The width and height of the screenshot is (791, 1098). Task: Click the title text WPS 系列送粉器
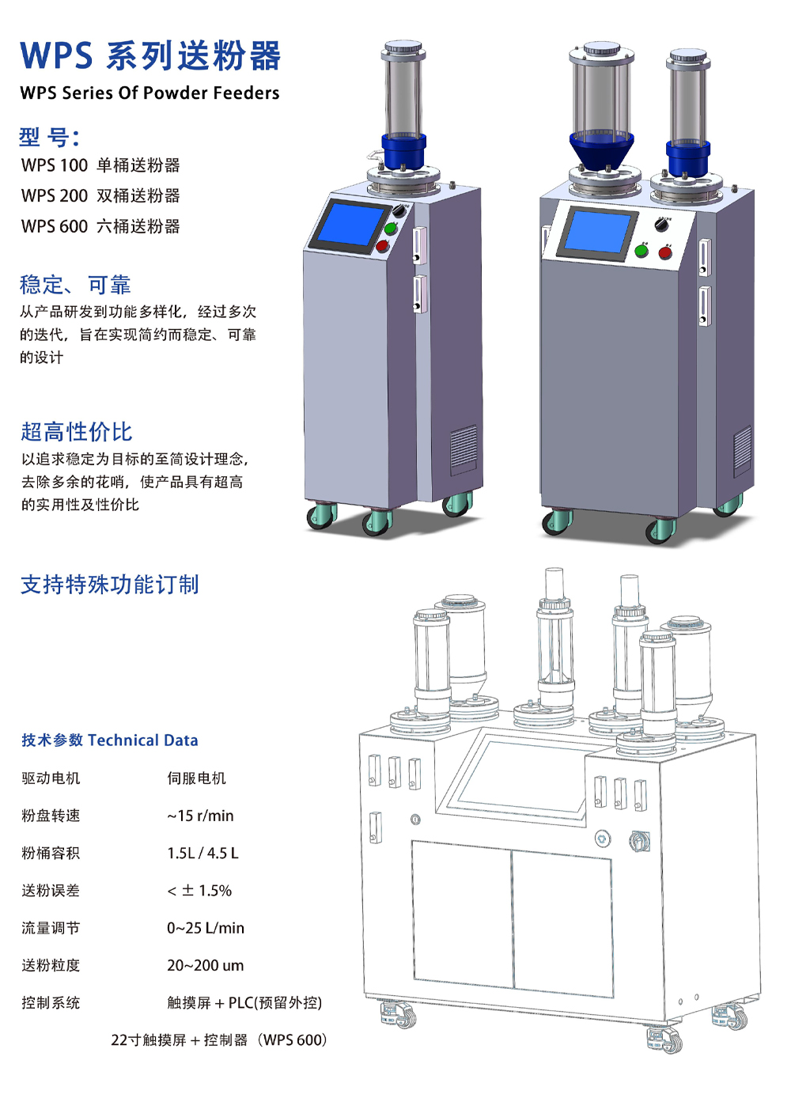150,55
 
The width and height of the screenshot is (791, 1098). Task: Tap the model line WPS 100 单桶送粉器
100,165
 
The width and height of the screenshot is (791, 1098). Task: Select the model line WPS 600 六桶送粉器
100,226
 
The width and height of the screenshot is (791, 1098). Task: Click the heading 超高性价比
77,432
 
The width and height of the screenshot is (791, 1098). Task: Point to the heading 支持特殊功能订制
110,585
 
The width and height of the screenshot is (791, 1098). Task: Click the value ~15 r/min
200,816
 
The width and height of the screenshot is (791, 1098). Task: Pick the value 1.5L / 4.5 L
203,854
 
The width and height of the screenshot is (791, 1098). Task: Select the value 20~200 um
206,966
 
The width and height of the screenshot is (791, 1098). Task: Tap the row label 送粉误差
51,891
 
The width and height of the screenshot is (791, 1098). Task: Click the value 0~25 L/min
206,928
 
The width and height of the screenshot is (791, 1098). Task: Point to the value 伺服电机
196,778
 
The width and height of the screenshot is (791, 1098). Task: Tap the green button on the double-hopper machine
641,251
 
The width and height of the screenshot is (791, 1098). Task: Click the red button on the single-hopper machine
382,245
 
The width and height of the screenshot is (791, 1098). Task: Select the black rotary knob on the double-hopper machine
661,225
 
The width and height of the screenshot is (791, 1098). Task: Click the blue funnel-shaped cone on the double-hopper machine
601,151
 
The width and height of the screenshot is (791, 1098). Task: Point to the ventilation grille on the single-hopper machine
464,446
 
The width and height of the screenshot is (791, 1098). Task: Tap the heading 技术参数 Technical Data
110,740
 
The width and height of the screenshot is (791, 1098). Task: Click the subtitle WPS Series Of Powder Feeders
150,93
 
